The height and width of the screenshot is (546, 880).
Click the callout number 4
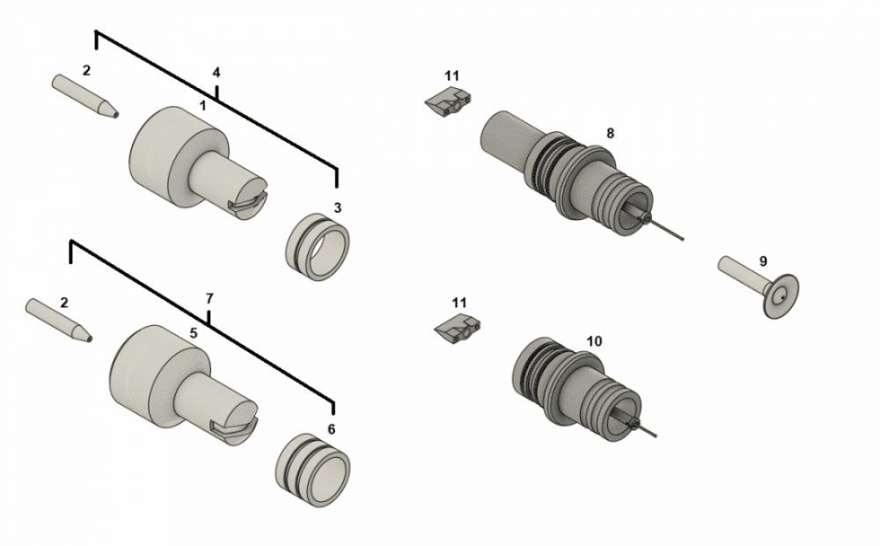[216, 71]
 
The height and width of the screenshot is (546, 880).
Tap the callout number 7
[209, 299]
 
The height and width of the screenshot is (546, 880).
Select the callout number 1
[203, 104]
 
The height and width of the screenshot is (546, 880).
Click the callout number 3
[337, 208]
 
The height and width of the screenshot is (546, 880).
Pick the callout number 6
[331, 429]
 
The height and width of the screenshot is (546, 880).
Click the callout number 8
[610, 133]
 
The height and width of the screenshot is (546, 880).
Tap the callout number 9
[763, 261]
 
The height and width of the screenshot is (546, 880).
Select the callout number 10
[594, 340]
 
